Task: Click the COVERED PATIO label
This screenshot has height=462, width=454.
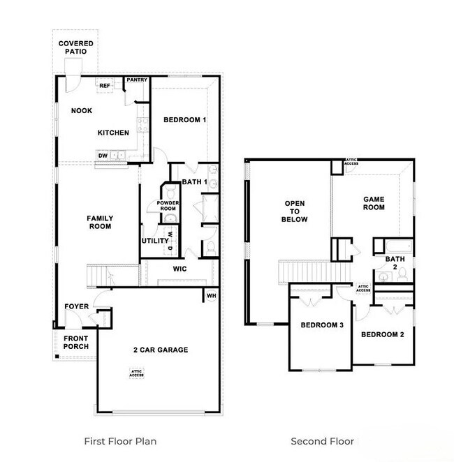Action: (x=75, y=47)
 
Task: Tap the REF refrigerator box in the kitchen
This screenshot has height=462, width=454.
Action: (x=105, y=86)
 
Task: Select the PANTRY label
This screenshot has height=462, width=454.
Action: (x=137, y=80)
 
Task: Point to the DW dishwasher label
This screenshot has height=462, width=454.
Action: (x=103, y=156)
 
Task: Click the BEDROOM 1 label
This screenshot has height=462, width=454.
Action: (x=184, y=120)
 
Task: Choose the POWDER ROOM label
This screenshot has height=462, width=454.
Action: (x=168, y=206)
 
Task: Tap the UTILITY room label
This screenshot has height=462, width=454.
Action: (x=155, y=241)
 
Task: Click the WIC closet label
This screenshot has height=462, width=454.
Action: (x=180, y=269)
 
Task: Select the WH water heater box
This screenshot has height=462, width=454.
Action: (x=210, y=296)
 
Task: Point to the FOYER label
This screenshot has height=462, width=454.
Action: (x=76, y=306)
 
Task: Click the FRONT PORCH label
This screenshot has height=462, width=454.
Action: (x=75, y=342)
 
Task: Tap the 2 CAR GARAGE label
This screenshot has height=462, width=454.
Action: (x=160, y=350)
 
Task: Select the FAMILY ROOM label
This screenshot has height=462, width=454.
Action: (x=100, y=223)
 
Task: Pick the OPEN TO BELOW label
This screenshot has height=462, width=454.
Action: (x=295, y=211)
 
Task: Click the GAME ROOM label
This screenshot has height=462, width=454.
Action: (x=374, y=203)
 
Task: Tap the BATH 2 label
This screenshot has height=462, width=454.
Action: (x=390, y=262)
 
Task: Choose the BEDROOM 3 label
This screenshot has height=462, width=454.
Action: (x=321, y=325)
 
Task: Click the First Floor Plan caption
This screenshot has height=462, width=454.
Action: (x=120, y=441)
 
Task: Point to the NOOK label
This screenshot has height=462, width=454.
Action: (x=82, y=111)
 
